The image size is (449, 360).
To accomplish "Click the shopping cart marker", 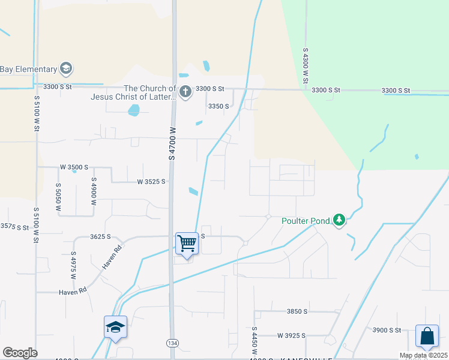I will (x=187, y=244).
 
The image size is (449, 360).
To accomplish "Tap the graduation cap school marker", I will (x=115, y=328).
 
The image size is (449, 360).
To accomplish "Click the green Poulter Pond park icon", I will (x=339, y=220).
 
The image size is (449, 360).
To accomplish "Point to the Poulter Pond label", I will (x=306, y=221).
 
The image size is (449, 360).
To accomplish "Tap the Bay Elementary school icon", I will (x=66, y=68).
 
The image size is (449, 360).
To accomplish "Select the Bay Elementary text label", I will (x=29, y=69).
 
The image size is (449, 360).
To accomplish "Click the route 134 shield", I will (x=172, y=343).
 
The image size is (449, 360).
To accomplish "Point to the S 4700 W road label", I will (x=173, y=142).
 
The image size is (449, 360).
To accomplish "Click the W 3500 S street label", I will (x=74, y=167).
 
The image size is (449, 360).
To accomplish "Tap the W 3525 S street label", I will (x=151, y=181).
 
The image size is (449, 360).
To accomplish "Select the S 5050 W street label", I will (x=58, y=197).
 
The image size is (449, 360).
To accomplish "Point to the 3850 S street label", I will (x=297, y=312).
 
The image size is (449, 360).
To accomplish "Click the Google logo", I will (x=20, y=353).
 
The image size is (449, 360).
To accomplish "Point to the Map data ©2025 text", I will (x=423, y=355).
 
